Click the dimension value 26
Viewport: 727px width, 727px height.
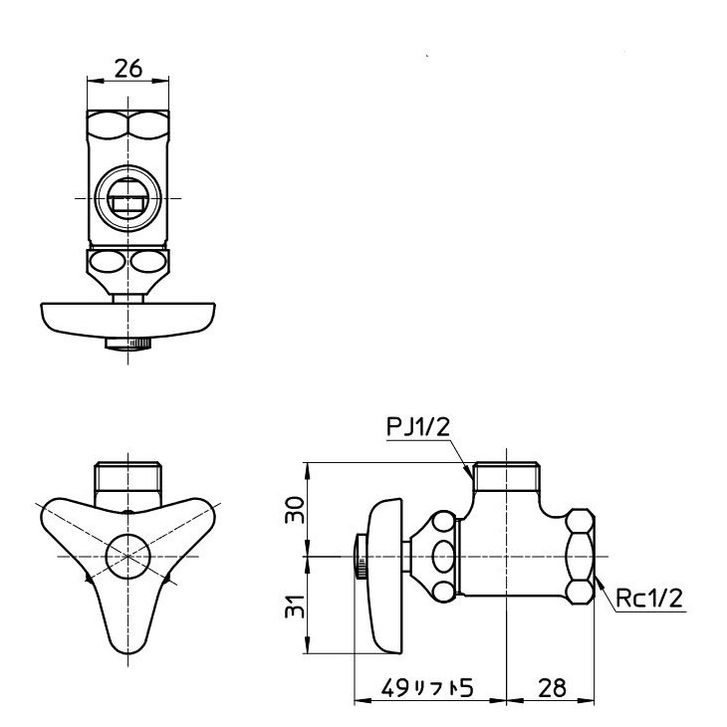pos(127,68)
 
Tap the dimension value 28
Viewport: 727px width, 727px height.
pos(553,688)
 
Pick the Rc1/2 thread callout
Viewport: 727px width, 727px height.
pos(646,599)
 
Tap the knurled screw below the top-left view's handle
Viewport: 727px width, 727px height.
pos(127,345)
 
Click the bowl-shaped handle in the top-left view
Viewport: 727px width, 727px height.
pos(127,318)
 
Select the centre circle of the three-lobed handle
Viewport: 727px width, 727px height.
pos(127,553)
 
